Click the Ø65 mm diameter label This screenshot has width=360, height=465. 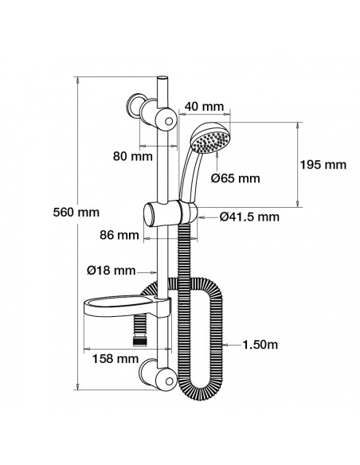[x=237, y=178]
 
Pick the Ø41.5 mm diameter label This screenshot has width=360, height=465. [x=248, y=217]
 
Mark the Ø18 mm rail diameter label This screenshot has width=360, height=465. [x=110, y=271]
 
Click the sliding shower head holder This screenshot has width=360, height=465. [x=168, y=213]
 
